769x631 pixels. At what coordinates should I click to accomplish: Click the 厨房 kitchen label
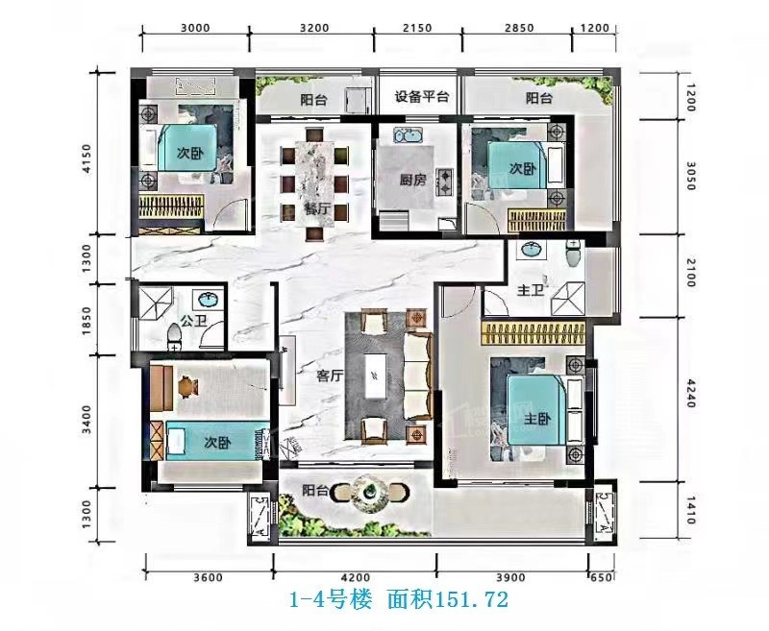pyautogui.click(x=412, y=181)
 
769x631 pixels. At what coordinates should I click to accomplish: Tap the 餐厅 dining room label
pyautogui.click(x=317, y=209)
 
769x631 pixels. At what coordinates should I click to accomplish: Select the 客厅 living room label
pyautogui.click(x=330, y=376)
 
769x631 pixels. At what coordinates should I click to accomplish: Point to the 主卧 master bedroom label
pyautogui.click(x=537, y=420)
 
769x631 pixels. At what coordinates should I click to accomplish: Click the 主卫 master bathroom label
pyautogui.click(x=531, y=290)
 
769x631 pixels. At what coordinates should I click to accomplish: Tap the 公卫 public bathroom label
pyautogui.click(x=193, y=322)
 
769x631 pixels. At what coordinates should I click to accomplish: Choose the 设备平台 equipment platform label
pyautogui.click(x=422, y=96)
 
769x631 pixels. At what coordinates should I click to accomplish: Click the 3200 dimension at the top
pyautogui.click(x=314, y=28)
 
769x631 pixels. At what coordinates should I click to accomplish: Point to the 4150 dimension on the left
pyautogui.click(x=87, y=158)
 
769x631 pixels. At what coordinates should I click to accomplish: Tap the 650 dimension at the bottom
pyautogui.click(x=602, y=577)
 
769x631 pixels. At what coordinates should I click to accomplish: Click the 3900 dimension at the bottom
pyautogui.click(x=510, y=577)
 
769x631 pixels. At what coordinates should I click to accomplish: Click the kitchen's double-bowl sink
pyautogui.click(x=408, y=134)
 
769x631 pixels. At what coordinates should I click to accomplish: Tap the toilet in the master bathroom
pyautogui.click(x=572, y=254)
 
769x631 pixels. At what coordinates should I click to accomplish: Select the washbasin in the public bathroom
pyautogui.click(x=210, y=299)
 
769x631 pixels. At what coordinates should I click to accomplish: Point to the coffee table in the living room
pyautogui.click(x=375, y=376)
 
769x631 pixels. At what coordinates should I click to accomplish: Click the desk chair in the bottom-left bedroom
pyautogui.click(x=186, y=386)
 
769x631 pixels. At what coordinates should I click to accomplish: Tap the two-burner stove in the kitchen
pyautogui.click(x=446, y=182)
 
